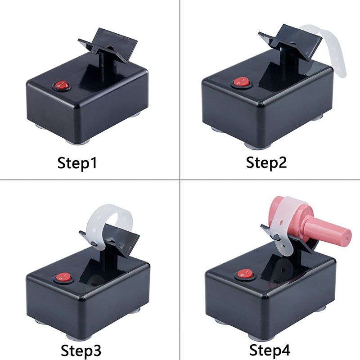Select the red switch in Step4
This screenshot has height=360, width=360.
pyautogui.click(x=245, y=274)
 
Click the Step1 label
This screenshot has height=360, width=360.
pyautogui.click(x=77, y=163)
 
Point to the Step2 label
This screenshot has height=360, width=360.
pyautogui.click(x=266, y=163)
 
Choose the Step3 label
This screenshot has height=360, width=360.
pyautogui.click(x=81, y=350)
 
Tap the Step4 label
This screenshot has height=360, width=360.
pyautogui.click(x=270, y=350)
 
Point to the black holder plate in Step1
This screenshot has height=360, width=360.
pyautogui.click(x=108, y=45)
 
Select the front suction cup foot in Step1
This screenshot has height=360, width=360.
pyautogui.click(x=76, y=142)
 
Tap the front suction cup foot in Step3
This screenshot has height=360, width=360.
pyautogui.click(x=79, y=336)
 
